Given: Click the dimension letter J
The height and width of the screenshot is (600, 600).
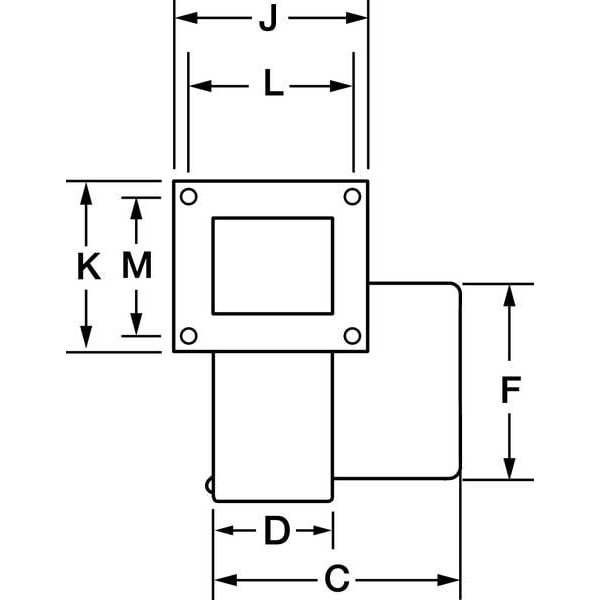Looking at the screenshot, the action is (x=268, y=18).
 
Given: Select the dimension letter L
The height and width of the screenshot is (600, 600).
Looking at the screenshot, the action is (x=274, y=82).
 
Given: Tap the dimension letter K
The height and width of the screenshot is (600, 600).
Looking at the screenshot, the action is (x=89, y=266).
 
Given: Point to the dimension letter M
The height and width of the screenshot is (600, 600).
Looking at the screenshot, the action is (x=137, y=265).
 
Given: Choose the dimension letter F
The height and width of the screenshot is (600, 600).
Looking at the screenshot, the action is (x=511, y=390).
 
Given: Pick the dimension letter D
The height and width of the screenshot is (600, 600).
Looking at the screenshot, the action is (x=277, y=530).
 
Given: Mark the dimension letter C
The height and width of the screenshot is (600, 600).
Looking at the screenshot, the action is (x=337, y=578).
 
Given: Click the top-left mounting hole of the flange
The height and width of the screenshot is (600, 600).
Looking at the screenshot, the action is (x=189, y=197).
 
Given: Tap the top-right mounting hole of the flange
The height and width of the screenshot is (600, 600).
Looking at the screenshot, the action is (x=352, y=197).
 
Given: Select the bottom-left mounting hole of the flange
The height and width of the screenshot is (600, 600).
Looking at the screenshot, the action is (x=189, y=336).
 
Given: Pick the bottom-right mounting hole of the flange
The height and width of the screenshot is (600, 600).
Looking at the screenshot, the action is (x=352, y=336).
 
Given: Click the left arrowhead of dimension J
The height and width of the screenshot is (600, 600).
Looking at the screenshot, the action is (x=187, y=18).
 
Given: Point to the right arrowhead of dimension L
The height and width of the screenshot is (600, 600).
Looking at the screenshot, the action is (x=341, y=86).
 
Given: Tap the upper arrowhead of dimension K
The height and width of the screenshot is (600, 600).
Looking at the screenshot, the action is (x=86, y=194).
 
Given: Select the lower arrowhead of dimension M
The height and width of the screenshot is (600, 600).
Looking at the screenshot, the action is (x=136, y=324).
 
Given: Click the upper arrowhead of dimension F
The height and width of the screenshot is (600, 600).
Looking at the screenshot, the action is (x=509, y=296).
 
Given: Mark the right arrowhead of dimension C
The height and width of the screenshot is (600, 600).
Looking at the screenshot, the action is (x=448, y=580).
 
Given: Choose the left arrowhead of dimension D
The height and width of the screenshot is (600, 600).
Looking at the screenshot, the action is (x=225, y=530).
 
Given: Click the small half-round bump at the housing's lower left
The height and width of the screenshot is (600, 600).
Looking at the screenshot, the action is (x=209, y=486).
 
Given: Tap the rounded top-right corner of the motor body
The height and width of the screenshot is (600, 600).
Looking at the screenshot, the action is (x=456, y=288).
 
